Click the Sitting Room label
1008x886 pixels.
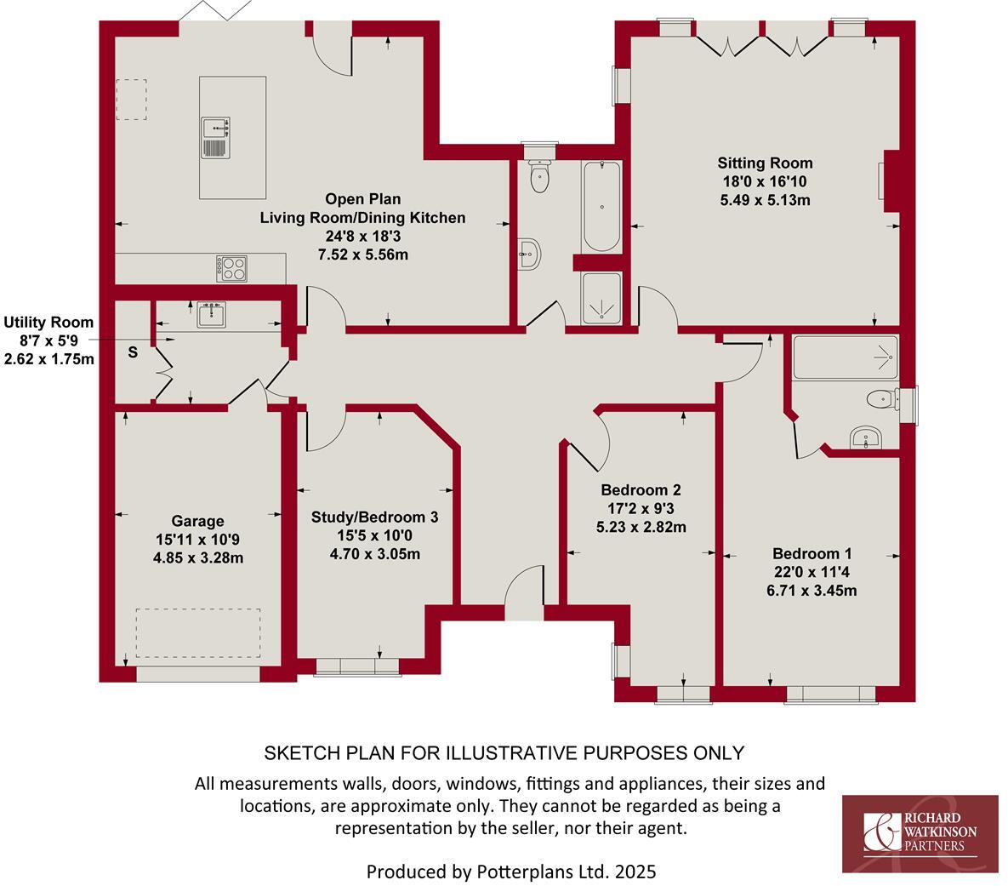(765, 163)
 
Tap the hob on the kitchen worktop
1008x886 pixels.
(232, 268)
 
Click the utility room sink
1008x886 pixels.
(210, 314)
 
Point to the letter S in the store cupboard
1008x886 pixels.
(133, 352)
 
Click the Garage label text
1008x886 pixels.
(198, 521)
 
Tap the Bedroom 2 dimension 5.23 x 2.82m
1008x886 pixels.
(641, 527)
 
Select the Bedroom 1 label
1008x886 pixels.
(812, 553)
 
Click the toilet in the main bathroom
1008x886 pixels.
(539, 175)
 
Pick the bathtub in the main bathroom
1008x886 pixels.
(602, 206)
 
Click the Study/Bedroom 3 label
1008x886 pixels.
(374, 517)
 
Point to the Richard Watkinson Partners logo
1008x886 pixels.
(920, 833)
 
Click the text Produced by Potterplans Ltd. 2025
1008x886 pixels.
(510, 872)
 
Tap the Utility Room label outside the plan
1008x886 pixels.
(48, 323)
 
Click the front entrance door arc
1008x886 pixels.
(522, 586)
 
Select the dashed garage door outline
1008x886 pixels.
(199, 632)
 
